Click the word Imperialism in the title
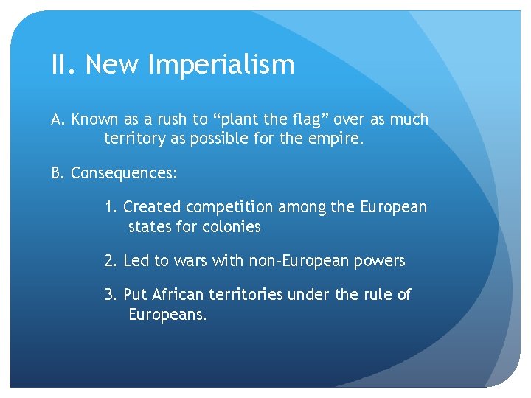221,65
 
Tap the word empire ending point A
339,139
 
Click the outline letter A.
57,119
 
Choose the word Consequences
123,174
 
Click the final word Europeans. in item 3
167,315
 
